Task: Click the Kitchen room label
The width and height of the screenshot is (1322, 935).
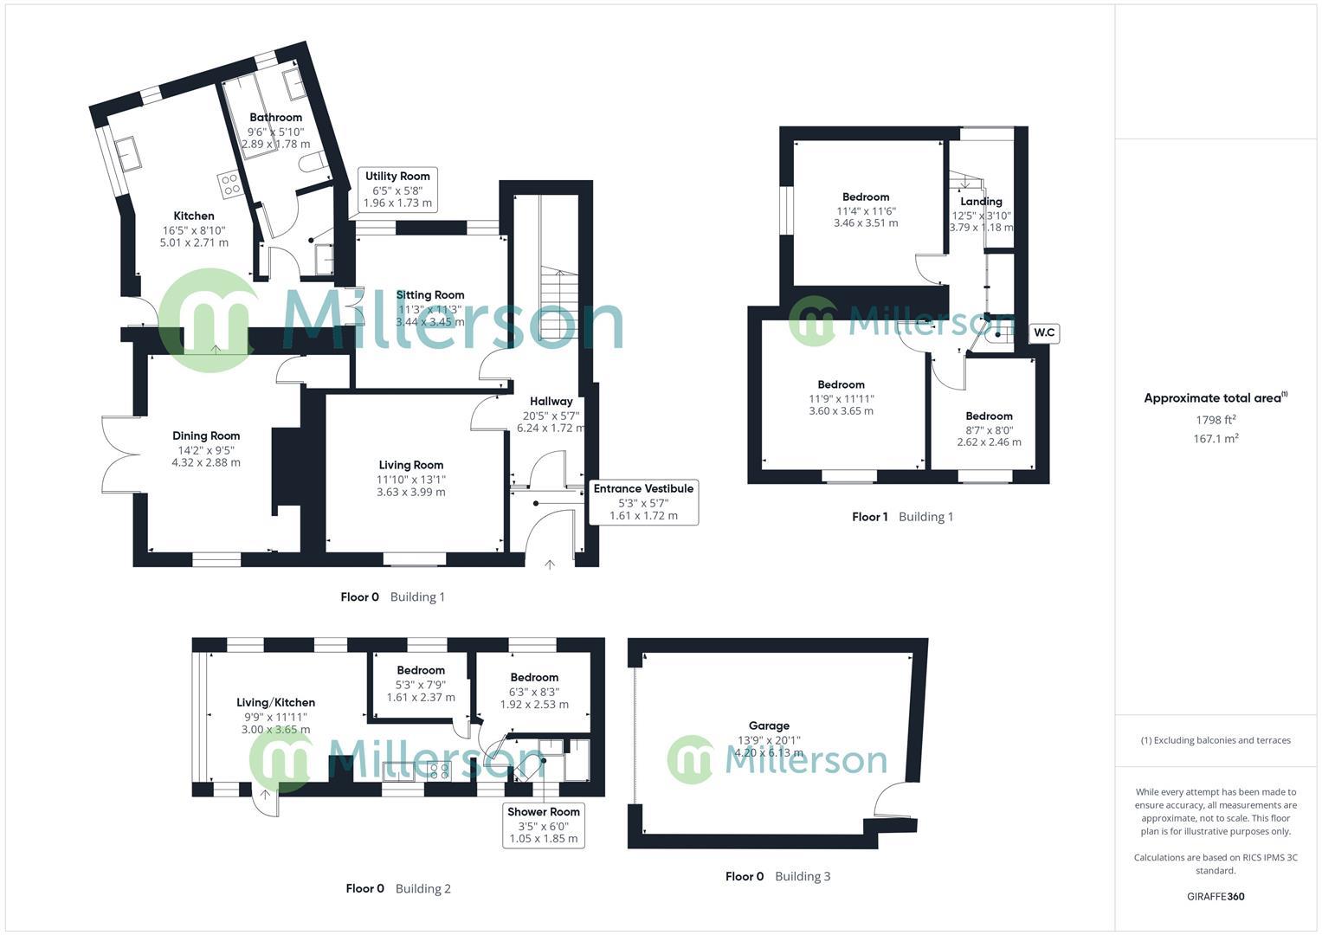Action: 194,216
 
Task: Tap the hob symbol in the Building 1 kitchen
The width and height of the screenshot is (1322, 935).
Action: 230,184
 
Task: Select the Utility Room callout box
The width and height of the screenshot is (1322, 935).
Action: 397,190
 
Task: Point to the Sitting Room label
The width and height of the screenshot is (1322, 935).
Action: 430,295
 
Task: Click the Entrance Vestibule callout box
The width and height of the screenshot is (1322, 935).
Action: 643,502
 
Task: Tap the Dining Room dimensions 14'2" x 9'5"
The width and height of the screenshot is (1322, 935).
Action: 206,450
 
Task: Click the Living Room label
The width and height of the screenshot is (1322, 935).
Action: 411,466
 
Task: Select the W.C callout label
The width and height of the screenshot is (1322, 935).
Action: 1044,332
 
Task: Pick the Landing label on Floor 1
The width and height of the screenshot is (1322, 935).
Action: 981,202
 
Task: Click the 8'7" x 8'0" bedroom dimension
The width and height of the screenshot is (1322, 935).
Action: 989,429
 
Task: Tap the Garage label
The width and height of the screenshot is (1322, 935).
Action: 769,726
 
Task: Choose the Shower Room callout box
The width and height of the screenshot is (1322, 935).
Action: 544,825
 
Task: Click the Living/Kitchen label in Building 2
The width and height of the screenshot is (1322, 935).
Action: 275,703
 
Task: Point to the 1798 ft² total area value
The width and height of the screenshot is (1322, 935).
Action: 1216,420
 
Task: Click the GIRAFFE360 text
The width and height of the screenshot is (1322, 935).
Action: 1216,896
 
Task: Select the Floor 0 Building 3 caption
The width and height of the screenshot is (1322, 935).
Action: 777,876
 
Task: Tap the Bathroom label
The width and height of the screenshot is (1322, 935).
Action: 276,118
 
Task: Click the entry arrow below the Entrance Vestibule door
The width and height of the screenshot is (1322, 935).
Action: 550,564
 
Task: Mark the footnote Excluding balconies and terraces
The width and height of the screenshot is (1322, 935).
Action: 1216,740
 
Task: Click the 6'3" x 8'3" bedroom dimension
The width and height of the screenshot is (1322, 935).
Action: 534,692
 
